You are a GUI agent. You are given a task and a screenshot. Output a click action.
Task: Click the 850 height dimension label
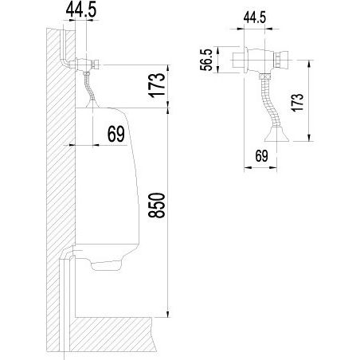point(157,205)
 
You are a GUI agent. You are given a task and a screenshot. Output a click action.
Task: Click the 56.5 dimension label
point(206,60)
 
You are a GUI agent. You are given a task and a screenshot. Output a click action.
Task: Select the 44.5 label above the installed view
point(81,10)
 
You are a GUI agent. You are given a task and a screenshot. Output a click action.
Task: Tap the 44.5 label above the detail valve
point(255,18)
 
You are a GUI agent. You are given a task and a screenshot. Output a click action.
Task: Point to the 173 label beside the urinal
point(157,85)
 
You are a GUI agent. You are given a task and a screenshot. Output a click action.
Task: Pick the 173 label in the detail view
point(297,103)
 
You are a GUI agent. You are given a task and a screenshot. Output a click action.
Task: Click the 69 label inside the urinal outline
point(116,134)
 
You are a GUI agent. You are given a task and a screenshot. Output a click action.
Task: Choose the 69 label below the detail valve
point(262,156)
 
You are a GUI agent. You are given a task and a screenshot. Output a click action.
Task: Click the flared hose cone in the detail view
point(276,135)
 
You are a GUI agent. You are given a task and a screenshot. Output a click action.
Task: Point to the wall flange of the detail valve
point(246,60)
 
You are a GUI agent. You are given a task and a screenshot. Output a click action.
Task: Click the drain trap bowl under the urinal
point(106,264)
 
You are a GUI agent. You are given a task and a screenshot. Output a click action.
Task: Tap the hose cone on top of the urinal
point(92,104)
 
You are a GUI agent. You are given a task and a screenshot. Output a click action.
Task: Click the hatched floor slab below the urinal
point(112,334)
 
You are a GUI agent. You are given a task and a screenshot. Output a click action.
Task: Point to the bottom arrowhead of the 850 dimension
point(167,314)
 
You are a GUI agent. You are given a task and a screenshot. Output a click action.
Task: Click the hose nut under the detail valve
point(265,76)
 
